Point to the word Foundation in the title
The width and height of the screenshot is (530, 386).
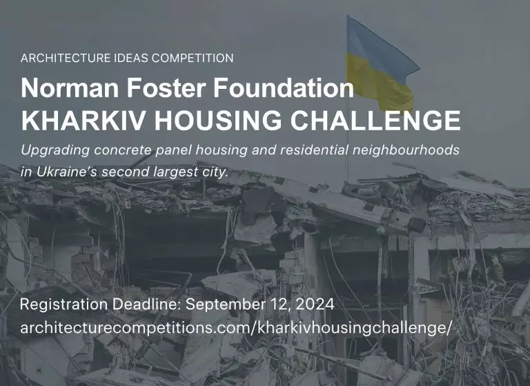point(283,88)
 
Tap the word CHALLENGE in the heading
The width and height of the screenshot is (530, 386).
point(375,120)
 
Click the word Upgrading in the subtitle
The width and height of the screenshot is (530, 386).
point(55,150)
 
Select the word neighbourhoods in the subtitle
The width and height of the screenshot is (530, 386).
point(406,150)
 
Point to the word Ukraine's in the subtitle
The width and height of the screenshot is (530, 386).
point(66,172)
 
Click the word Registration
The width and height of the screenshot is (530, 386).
point(63,305)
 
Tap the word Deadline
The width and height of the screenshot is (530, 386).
point(147,304)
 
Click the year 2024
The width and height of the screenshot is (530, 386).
point(315,304)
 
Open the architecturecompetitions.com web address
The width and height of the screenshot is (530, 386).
point(235,328)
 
